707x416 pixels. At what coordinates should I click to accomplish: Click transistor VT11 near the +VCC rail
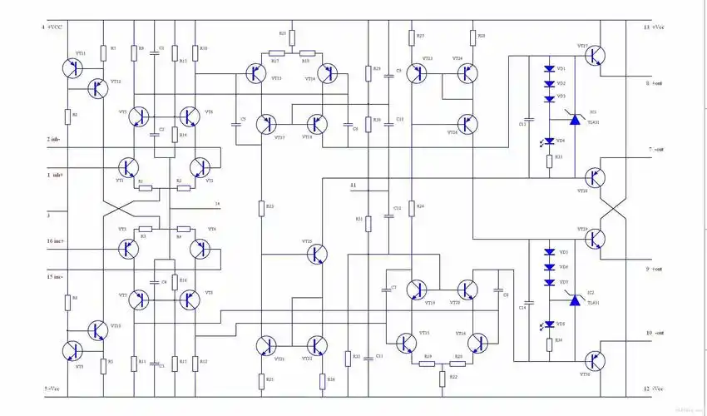pos(73,68)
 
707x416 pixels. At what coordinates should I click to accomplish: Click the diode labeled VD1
pos(549,69)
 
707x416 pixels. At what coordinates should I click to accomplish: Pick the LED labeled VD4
pos(549,141)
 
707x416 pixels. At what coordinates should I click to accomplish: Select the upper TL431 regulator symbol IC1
pos(573,121)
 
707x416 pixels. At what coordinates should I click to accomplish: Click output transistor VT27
pos(594,56)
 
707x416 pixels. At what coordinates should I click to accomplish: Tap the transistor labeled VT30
pos(594,360)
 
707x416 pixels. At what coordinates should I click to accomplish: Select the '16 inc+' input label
pos(56,241)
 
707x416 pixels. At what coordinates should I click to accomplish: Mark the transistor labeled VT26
pos(467,125)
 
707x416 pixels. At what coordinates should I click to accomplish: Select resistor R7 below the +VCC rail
pos(103,52)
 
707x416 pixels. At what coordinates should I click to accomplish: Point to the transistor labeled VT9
pos(73,350)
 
